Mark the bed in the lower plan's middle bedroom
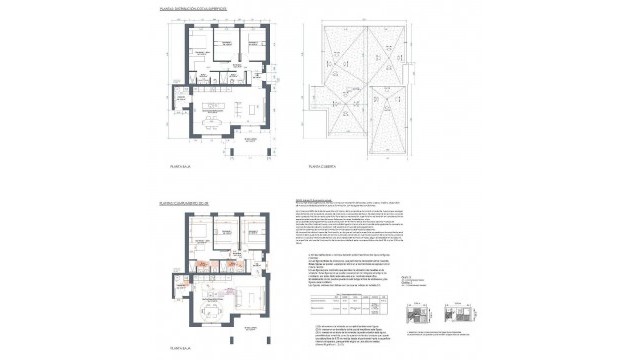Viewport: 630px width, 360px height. [x=225, y=236]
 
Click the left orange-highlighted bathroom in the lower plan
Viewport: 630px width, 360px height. [x=200, y=266]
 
